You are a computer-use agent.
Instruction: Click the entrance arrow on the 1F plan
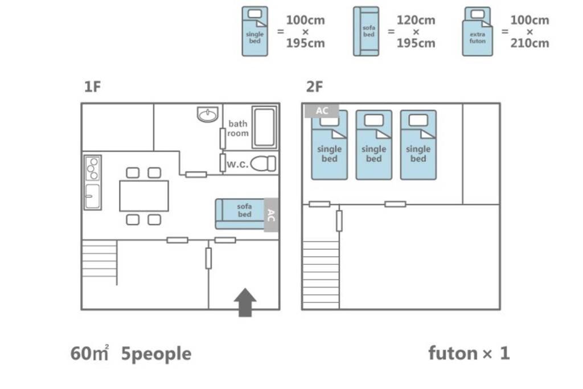tap(245, 302)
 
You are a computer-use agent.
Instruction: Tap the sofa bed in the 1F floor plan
tap(240, 214)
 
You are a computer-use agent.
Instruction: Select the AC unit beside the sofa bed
tap(272, 215)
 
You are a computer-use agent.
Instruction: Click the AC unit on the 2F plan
tap(322, 110)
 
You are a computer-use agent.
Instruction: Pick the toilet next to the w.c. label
tap(263, 163)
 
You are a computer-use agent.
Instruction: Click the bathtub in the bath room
tap(264, 127)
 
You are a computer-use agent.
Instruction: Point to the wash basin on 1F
tap(208, 114)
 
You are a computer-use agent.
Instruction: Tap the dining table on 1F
tap(144, 195)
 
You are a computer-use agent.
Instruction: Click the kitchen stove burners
tap(92, 169)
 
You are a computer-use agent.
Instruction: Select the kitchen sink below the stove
tap(92, 196)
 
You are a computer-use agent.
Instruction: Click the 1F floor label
tap(92, 87)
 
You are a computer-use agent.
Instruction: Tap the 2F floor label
tap(314, 87)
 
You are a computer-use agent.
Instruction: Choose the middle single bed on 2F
tap(374, 145)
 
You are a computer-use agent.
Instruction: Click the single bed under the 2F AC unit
tap(330, 148)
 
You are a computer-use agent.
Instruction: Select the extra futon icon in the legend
tap(478, 32)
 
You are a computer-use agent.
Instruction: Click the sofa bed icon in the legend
tap(367, 32)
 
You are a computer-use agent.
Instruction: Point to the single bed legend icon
tap(255, 32)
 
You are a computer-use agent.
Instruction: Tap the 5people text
tap(156, 354)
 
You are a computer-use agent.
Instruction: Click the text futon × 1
tap(469, 354)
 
